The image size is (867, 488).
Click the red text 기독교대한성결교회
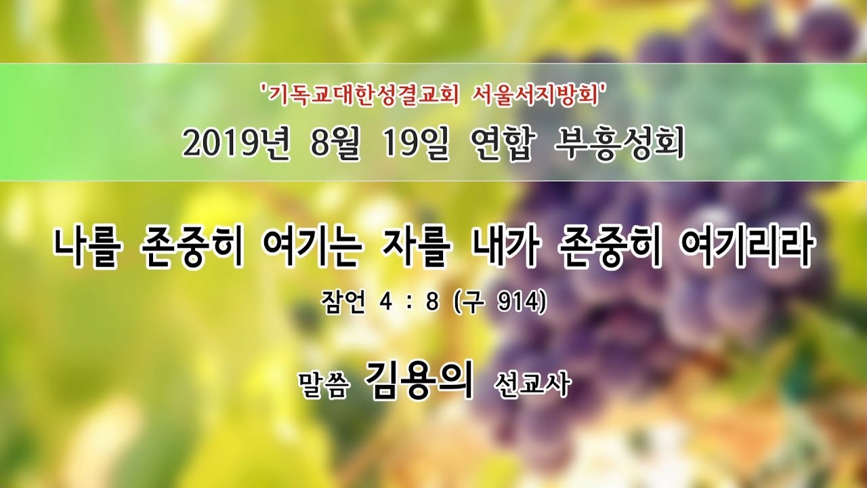point(363,96)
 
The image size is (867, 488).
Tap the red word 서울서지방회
point(536,96)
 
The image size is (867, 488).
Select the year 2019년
point(236,144)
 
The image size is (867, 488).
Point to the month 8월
point(335,144)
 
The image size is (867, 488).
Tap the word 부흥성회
point(619,144)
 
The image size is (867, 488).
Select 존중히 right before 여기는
point(191,248)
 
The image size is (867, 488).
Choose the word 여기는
point(312,248)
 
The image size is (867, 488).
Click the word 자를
point(415,248)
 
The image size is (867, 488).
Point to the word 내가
point(505,248)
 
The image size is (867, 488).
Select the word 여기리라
point(746,248)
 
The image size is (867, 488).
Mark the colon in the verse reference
point(408,303)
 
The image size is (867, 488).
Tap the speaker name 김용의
point(419,380)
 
